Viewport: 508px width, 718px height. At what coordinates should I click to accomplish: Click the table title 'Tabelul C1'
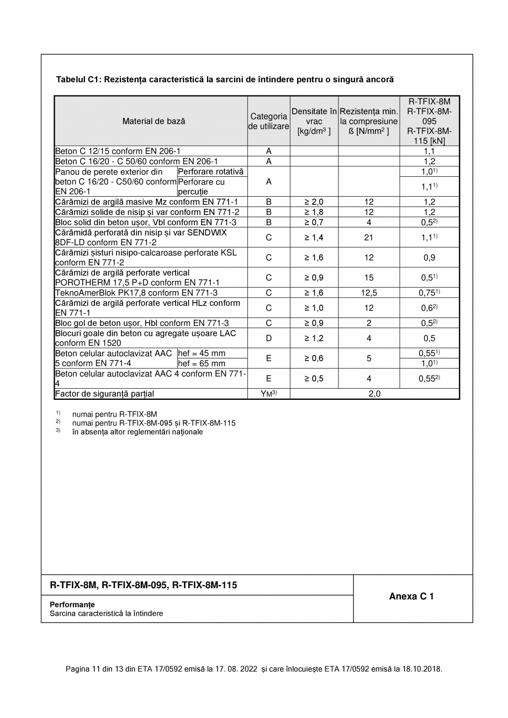pyautogui.click(x=225, y=80)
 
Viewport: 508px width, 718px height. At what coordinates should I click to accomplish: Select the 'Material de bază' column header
pyautogui.click(x=154, y=121)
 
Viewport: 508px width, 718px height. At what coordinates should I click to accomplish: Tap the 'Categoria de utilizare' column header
pyautogui.click(x=269, y=121)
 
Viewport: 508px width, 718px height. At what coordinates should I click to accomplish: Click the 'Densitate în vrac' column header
pyautogui.click(x=314, y=121)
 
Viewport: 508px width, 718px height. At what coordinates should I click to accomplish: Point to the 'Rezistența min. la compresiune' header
pyautogui.click(x=369, y=121)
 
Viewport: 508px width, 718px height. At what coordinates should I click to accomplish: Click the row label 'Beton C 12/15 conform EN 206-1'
pyautogui.click(x=118, y=151)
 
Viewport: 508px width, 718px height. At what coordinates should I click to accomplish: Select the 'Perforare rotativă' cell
pyautogui.click(x=211, y=172)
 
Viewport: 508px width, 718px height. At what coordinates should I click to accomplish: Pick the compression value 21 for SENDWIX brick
pyautogui.click(x=369, y=237)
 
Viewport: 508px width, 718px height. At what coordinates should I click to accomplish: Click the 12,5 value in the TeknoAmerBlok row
pyautogui.click(x=369, y=293)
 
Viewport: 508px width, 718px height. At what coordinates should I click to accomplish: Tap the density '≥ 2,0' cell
pyautogui.click(x=314, y=202)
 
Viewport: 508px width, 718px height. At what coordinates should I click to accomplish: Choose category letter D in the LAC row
pyautogui.click(x=269, y=338)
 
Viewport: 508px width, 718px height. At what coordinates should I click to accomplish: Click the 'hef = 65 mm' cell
pyautogui.click(x=202, y=363)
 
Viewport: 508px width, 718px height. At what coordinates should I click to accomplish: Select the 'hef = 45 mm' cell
pyautogui.click(x=202, y=353)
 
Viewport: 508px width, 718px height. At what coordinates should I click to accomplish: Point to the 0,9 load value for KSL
pyautogui.click(x=429, y=257)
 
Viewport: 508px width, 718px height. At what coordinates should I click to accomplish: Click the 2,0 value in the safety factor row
pyautogui.click(x=374, y=394)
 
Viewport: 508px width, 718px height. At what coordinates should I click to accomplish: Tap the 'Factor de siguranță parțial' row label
pyautogui.click(x=104, y=394)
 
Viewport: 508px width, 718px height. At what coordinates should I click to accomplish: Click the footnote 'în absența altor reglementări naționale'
pyautogui.click(x=137, y=432)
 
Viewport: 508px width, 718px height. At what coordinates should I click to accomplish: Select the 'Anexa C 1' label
pyautogui.click(x=411, y=596)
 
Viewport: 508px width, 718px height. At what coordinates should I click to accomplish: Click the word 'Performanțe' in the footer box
pyautogui.click(x=72, y=604)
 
